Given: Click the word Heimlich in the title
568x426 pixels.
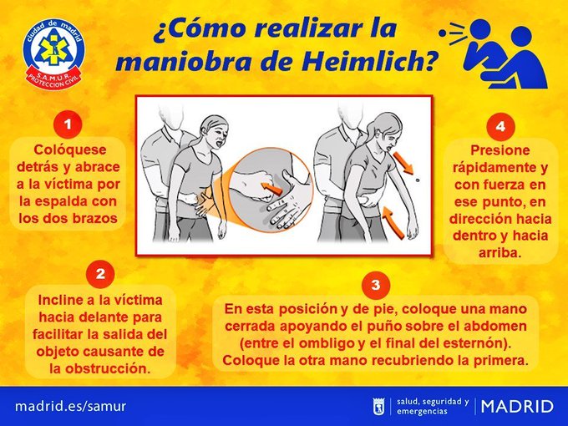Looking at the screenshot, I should [363, 62].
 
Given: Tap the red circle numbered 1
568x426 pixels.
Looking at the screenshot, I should [68, 124].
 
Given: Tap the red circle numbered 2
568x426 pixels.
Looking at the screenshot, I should [99, 273].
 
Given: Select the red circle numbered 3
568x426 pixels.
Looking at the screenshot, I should [375, 285].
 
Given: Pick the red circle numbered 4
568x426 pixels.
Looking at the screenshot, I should [500, 127].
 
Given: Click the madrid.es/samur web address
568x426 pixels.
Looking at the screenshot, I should [70, 406].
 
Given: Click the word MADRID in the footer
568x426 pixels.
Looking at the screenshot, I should [519, 407].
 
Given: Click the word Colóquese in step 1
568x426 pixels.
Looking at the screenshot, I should [68, 150].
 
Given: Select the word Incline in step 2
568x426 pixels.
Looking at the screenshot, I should [65, 298].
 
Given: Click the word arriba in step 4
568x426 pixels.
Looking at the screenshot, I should [500, 251].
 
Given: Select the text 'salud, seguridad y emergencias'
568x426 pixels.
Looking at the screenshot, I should [432, 406].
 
